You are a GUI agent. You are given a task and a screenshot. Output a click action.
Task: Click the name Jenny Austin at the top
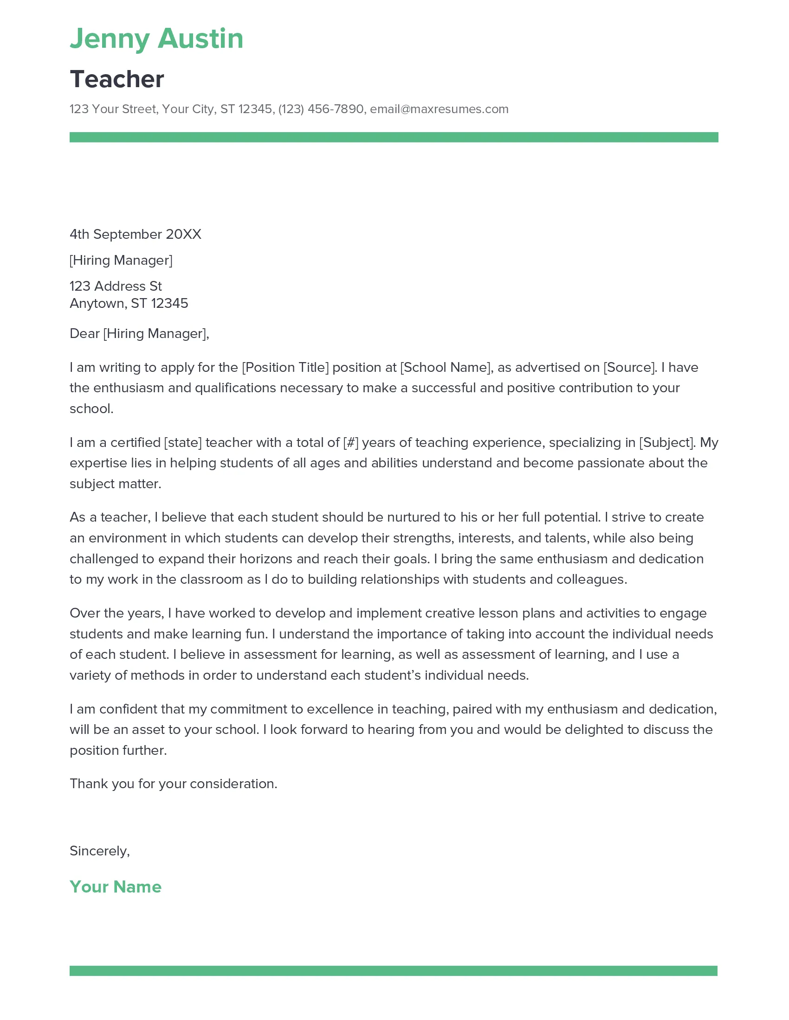pyautogui.click(x=156, y=39)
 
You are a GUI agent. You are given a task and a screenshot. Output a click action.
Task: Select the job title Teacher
pyautogui.click(x=117, y=79)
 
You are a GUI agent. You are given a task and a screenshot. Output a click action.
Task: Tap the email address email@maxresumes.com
pyautogui.click(x=439, y=109)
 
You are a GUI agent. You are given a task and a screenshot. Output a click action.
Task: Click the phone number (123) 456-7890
pyautogui.click(x=321, y=109)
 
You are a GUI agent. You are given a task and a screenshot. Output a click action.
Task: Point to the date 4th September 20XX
pyautogui.click(x=136, y=235)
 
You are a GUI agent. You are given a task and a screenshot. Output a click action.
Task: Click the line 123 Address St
pyautogui.click(x=116, y=286)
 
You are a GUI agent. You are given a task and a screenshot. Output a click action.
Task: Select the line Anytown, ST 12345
pyautogui.click(x=129, y=304)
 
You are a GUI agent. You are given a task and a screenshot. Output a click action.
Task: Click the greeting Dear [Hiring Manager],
pyautogui.click(x=139, y=334)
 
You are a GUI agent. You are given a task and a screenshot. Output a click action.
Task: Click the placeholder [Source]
pyautogui.click(x=630, y=368)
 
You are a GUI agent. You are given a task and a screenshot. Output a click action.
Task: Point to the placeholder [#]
pyautogui.click(x=350, y=443)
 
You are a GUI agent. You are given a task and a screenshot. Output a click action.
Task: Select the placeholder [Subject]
pyautogui.click(x=667, y=443)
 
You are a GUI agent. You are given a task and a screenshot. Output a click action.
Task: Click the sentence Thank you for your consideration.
pyautogui.click(x=174, y=784)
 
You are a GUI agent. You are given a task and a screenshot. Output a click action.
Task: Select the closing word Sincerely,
pyautogui.click(x=100, y=851)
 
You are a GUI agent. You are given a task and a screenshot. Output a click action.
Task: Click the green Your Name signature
pyautogui.click(x=116, y=887)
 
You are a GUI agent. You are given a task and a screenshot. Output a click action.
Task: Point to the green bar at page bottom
pyautogui.click(x=394, y=971)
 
